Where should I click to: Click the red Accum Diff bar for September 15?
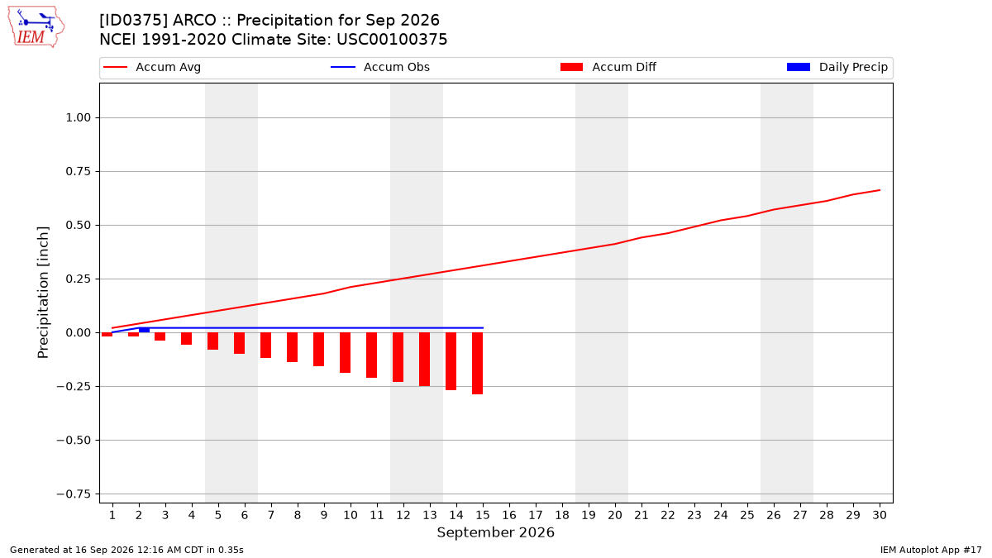click(478, 363)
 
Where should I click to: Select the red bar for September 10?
click(345, 352)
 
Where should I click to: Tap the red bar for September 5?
click(212, 341)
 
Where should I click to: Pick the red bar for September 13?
click(424, 359)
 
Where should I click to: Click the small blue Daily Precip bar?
click(144, 330)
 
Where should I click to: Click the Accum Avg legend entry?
click(152, 67)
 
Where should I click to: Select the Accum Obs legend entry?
click(380, 67)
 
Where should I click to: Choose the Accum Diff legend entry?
click(608, 67)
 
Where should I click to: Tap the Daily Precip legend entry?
click(837, 67)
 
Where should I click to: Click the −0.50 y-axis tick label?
click(74, 440)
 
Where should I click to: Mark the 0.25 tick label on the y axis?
click(79, 279)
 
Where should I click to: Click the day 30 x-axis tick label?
click(880, 515)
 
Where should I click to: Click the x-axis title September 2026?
click(495, 532)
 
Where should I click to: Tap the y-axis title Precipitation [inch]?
click(43, 293)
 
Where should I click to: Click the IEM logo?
click(36, 26)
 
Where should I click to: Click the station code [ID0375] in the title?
click(133, 21)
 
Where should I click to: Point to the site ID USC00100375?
click(392, 40)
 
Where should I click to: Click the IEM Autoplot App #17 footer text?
click(931, 550)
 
